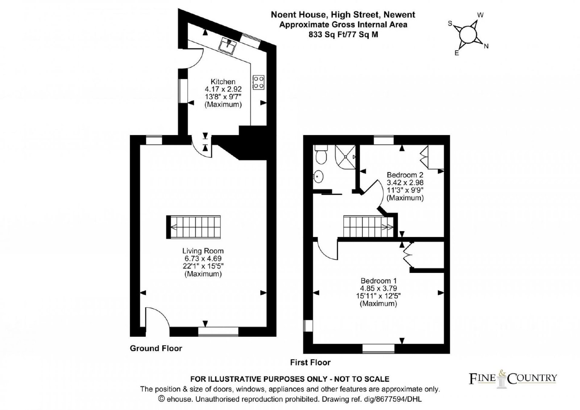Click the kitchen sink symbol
coord(228,46)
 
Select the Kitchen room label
coord(223,82)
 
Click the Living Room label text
coord(203,251)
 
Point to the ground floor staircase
coord(194,227)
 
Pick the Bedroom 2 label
coord(405,175)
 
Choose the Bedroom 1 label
coord(378,280)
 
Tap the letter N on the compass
coord(486,46)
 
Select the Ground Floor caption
coord(156,348)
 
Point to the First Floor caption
coord(310,362)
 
